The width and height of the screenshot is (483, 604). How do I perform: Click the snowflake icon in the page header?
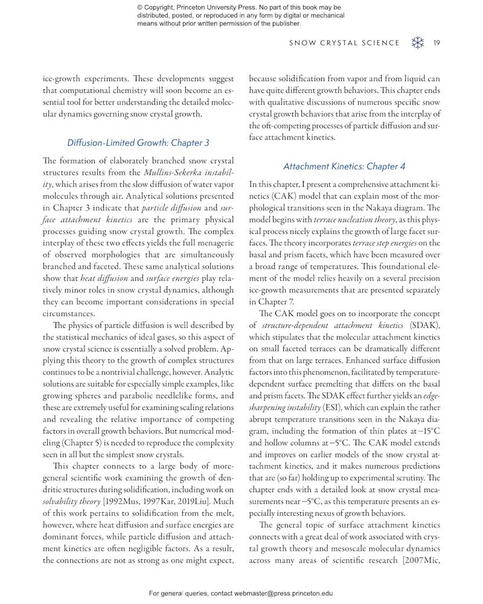417,43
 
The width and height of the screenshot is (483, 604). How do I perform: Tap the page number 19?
437,43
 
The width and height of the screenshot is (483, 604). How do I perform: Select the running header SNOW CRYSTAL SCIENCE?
344,43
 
